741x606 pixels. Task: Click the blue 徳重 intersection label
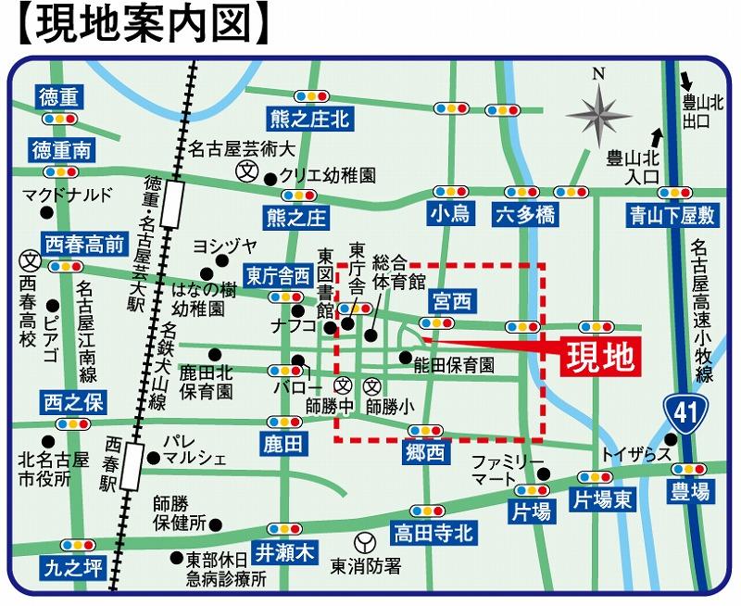coord(59,96)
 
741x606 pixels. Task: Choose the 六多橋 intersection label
coord(524,215)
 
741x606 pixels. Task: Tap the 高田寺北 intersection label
coord(433,533)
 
